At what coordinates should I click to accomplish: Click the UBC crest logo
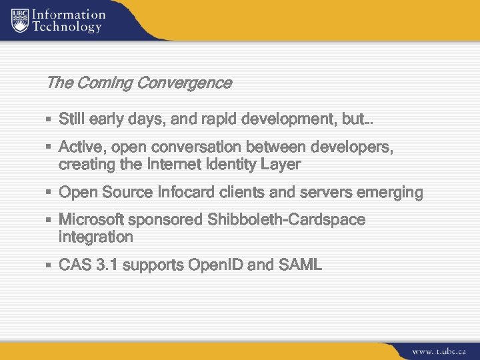[x=19, y=20]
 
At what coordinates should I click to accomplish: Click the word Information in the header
[x=69, y=14]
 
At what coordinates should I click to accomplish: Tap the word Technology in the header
[x=67, y=27]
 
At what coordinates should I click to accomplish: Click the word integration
[x=96, y=237]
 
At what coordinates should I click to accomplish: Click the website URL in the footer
[x=439, y=350]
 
